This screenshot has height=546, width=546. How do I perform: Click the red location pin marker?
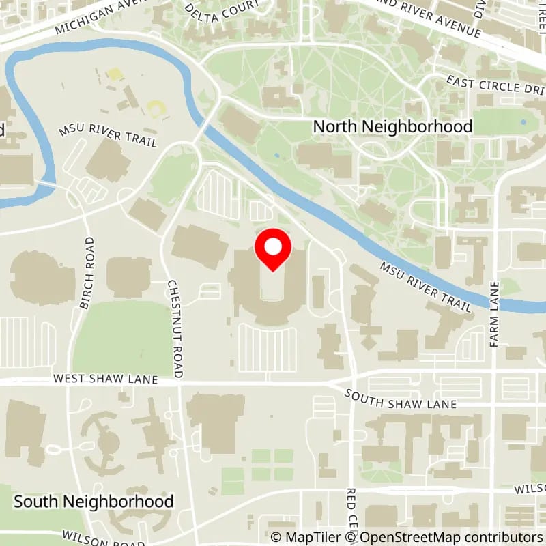[x=273, y=249]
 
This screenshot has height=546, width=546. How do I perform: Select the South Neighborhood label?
[x=94, y=502]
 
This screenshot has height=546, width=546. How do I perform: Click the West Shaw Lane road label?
[x=106, y=379]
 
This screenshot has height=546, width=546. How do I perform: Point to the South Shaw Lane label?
[x=400, y=399]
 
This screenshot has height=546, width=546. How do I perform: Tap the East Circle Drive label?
[x=495, y=87]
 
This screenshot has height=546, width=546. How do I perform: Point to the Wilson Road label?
[x=102, y=539]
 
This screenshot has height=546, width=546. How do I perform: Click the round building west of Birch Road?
[x=42, y=276]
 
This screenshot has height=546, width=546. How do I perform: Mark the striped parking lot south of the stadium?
[x=267, y=348]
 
